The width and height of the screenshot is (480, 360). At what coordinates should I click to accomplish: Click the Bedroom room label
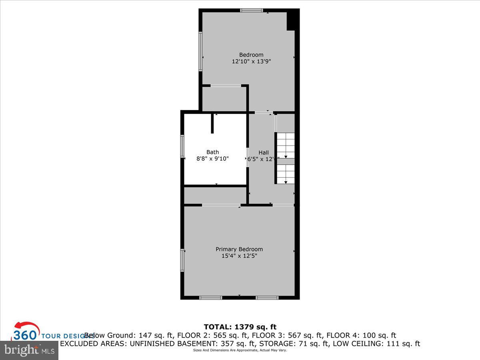pyautogui.click(x=251, y=55)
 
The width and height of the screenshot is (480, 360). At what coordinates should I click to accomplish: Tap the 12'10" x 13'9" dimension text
pyautogui.click(x=251, y=62)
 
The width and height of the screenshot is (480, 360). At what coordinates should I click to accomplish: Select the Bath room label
pyautogui.click(x=212, y=152)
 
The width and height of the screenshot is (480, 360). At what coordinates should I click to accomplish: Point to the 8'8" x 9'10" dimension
pyautogui.click(x=212, y=159)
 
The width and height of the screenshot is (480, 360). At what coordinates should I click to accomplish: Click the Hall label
pyautogui.click(x=264, y=152)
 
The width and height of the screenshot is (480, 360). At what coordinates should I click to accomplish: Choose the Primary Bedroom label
pyautogui.click(x=239, y=249)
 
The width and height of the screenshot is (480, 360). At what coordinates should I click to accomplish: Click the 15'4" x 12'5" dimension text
pyautogui.click(x=239, y=256)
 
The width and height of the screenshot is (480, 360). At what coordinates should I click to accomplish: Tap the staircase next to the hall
pyautogui.click(x=286, y=158)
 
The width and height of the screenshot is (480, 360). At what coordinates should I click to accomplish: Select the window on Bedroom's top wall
pyautogui.click(x=252, y=10)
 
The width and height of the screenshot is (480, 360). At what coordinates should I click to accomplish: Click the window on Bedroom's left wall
pyautogui.click(x=201, y=51)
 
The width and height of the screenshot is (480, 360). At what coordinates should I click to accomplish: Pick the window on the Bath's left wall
pyautogui.click(x=182, y=146)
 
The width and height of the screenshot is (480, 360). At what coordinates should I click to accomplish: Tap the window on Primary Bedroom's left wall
pyautogui.click(x=182, y=260)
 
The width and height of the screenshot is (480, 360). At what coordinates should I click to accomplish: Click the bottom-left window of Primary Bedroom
pyautogui.click(x=210, y=298)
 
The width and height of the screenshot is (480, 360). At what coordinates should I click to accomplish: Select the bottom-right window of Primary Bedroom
pyautogui.click(x=267, y=298)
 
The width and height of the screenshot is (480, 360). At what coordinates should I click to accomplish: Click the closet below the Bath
pyautogui.click(x=215, y=196)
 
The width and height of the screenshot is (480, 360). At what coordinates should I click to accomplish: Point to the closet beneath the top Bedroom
pyautogui.click(x=224, y=99)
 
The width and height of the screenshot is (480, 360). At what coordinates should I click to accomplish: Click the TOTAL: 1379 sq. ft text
pyautogui.click(x=240, y=327)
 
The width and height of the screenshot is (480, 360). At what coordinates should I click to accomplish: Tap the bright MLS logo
pyautogui.click(x=29, y=350)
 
